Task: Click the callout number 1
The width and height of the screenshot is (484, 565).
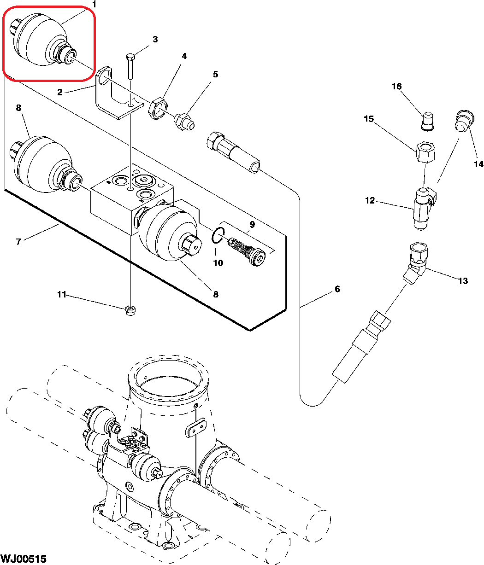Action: point(94,4)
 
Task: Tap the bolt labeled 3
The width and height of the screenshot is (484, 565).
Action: point(130,66)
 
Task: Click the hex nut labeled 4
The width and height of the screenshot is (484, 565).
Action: point(158,109)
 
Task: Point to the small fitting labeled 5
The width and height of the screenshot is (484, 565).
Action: point(184,122)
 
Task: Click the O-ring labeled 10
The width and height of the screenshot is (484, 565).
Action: point(218,235)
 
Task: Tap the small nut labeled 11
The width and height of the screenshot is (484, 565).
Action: point(130,310)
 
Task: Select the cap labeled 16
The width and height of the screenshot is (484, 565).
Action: point(427,121)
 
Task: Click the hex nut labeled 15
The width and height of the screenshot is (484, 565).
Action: point(425,152)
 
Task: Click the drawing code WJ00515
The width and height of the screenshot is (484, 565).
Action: point(24,559)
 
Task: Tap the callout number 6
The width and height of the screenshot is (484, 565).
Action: point(337,289)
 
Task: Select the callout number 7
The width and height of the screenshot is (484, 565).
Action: point(18,242)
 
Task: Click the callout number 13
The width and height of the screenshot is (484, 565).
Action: point(463,281)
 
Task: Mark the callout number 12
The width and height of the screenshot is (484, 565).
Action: point(370,200)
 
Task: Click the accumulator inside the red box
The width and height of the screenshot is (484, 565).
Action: point(43,40)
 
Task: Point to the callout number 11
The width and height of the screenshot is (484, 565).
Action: point(62,294)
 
